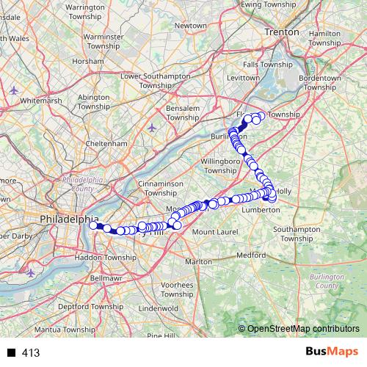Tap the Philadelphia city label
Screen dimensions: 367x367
69,219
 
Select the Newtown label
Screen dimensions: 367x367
190,25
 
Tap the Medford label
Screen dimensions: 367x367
250,255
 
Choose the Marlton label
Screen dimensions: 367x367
198,261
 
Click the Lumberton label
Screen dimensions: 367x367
260,209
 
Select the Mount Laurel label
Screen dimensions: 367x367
213,232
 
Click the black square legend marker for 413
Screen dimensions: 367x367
10,353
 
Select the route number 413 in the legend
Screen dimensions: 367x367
31,353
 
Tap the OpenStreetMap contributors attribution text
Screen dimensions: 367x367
302,329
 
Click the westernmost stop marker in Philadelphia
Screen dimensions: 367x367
94,225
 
